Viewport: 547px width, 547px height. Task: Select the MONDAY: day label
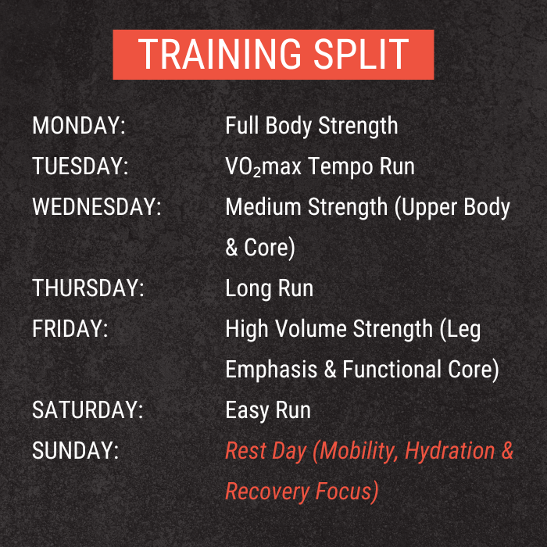click(x=79, y=126)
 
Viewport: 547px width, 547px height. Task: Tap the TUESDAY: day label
click(x=80, y=166)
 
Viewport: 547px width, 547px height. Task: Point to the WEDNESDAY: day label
click(x=97, y=207)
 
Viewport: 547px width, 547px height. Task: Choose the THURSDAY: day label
click(x=88, y=288)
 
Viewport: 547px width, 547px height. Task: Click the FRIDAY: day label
click(x=70, y=329)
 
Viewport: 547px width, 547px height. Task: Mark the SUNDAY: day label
click(x=75, y=451)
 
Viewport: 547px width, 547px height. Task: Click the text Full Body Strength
click(x=311, y=126)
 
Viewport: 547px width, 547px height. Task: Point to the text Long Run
click(x=269, y=288)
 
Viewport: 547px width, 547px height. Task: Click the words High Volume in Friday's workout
click(x=285, y=329)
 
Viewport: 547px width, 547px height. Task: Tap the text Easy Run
click(x=268, y=410)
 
